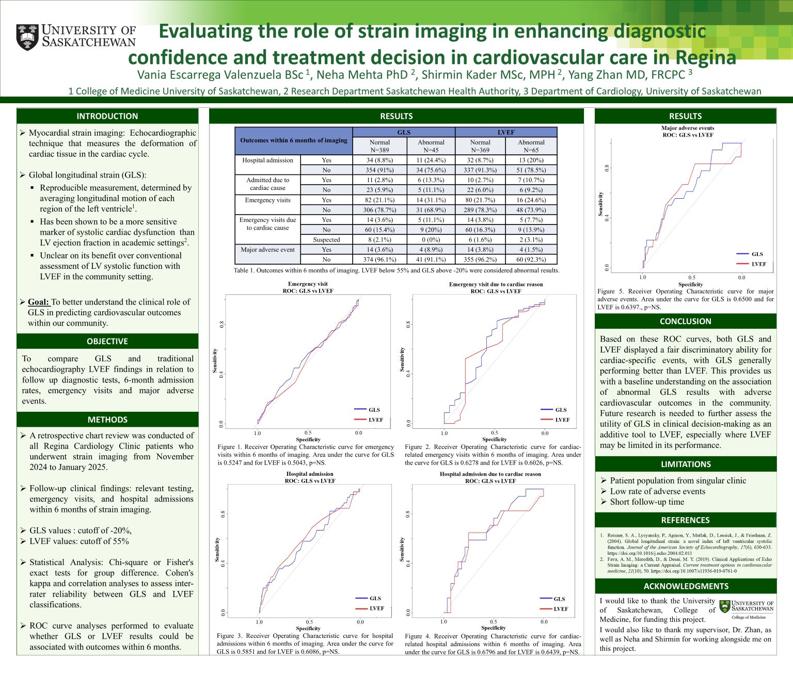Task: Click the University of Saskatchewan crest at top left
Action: tap(27, 37)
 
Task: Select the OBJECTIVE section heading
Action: tap(107, 341)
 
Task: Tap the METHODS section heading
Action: tap(107, 420)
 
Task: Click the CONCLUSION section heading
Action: tap(685, 321)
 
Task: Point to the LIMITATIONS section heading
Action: tap(685, 464)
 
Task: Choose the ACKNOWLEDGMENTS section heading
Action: tap(686, 586)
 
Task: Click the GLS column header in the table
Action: tap(404, 132)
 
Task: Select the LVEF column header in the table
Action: tap(506, 132)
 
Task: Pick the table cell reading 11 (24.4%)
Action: tap(431, 160)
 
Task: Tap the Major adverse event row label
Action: tap(267, 250)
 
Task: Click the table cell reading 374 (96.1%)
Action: tap(379, 260)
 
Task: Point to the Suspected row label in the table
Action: tap(326, 239)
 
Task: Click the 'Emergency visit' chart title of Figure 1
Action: tap(308, 284)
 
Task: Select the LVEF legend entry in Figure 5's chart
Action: tap(758, 264)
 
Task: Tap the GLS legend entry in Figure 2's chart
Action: tap(561, 410)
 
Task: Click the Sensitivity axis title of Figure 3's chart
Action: tap(217, 549)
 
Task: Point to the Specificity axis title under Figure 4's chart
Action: tap(494, 628)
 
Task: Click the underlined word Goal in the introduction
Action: tap(38, 302)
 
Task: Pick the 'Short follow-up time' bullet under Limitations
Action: tap(646, 502)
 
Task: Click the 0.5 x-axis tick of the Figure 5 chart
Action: tap(691, 277)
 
